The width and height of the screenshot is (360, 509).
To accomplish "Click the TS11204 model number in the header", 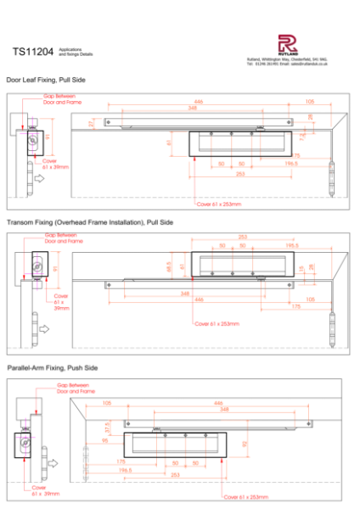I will pos(31,53).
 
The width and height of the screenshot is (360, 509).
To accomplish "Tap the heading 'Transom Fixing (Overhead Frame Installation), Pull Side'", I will pos(89,221).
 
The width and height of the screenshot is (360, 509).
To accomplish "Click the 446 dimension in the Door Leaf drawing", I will pos(199,101).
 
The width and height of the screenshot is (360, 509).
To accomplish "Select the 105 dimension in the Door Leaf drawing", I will pos(309,101).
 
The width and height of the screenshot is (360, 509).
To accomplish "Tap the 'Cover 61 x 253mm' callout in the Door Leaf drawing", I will pos(218,204).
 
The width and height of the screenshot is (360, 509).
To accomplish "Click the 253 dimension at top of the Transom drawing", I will pos(243,238).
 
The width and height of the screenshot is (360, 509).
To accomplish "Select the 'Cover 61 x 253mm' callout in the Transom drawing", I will pos(217,323).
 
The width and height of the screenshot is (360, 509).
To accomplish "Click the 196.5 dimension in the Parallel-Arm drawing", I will pos(126,469).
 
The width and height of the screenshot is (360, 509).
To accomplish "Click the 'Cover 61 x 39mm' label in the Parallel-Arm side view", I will pos(44,490).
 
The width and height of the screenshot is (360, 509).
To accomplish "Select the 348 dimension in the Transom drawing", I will pos(184,293).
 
